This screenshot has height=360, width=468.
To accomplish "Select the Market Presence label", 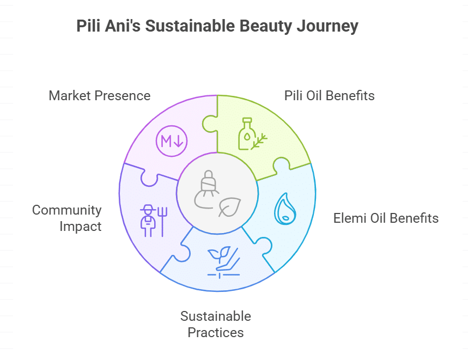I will click(x=100, y=96).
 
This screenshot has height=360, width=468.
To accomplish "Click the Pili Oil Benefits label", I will click(x=330, y=96).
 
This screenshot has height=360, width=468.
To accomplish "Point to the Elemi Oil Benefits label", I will click(x=386, y=218).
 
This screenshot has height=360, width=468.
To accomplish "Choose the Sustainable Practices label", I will click(x=216, y=324).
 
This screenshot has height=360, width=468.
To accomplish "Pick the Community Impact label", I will click(x=67, y=218).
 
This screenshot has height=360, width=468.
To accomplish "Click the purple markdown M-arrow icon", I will click(x=172, y=142).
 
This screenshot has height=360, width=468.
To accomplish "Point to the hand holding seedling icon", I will click(x=223, y=261).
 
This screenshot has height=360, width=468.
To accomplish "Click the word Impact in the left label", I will click(x=80, y=227).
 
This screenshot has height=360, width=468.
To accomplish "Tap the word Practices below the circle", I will click(x=216, y=332).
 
